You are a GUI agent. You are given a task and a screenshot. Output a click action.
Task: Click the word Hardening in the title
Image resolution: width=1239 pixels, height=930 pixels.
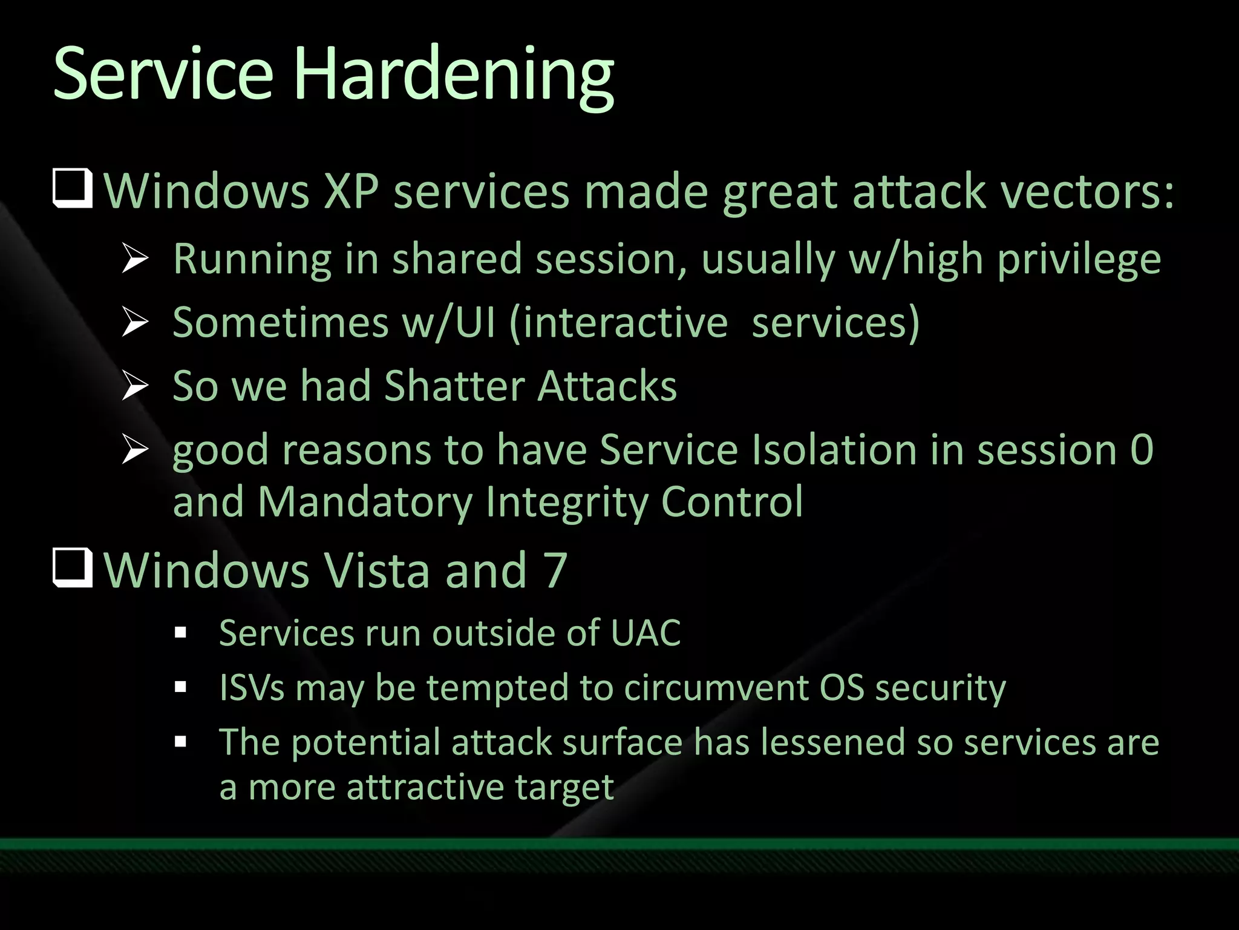454,76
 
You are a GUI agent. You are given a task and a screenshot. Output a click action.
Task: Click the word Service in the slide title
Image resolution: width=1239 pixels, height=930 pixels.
163,76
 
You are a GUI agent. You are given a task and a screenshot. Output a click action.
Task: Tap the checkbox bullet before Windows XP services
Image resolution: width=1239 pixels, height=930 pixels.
73,190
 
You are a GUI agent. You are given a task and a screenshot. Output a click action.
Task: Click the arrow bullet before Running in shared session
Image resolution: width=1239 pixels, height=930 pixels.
134,259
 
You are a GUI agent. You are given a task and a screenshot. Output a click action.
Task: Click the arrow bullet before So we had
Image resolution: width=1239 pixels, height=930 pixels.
134,386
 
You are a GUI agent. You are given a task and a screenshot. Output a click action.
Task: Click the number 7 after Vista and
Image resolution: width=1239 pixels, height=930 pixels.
555,570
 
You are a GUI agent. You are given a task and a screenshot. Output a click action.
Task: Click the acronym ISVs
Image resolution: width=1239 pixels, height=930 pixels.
252,688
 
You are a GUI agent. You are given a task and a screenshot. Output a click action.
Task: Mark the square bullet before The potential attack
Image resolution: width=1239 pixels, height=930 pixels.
180,742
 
